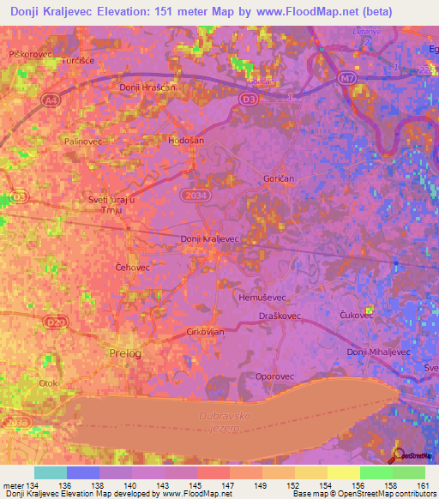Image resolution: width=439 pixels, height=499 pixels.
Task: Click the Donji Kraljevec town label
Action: click(x=210, y=239)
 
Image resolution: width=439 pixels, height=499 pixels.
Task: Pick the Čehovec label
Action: click(x=133, y=268)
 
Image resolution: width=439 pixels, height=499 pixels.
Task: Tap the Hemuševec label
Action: click(x=261, y=294)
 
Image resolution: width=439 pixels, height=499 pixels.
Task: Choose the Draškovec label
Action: click(x=278, y=316)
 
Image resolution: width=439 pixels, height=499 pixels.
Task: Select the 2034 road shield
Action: click(x=193, y=196)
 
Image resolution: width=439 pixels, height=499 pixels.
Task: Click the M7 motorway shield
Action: click(x=346, y=79)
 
